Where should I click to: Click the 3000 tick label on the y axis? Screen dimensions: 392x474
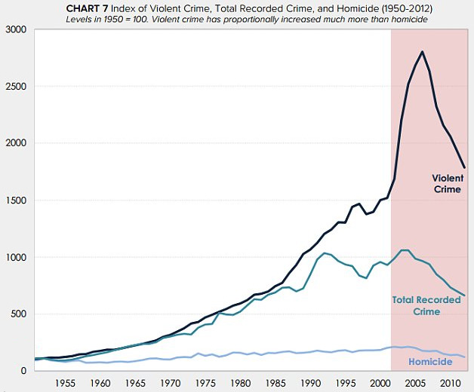14,30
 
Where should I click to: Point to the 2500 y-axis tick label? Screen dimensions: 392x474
14,87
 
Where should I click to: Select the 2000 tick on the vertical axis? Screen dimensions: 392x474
14,143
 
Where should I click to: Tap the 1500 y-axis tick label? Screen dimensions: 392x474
14,201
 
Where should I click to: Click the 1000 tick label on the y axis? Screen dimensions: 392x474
14,257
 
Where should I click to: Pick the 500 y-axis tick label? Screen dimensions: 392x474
17,314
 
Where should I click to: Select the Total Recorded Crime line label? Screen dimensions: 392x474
426,305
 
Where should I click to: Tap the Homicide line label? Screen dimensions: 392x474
429,363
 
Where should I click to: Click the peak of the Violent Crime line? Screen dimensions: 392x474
422,52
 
